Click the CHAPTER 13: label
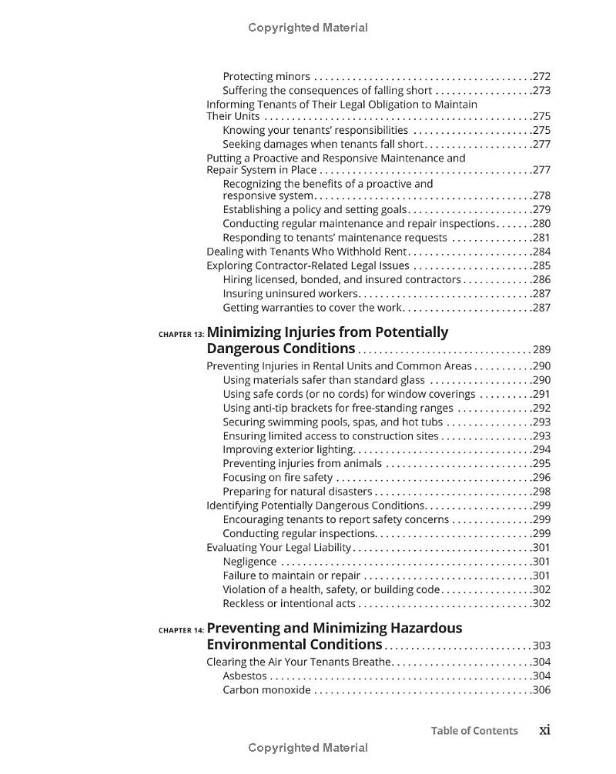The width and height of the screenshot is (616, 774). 181,335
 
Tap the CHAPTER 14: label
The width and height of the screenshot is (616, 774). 181,630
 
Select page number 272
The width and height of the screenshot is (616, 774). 541,77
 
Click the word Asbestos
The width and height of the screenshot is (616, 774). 245,676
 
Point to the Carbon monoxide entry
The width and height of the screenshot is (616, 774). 266,690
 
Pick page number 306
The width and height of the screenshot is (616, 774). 541,690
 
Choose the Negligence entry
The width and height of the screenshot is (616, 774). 249,562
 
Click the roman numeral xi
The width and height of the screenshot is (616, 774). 544,730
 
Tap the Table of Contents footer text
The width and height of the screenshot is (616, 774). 474,731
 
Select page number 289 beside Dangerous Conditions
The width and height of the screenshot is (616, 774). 541,350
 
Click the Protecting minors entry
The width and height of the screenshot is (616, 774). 266,77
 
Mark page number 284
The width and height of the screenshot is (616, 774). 541,252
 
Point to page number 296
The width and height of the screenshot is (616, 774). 541,478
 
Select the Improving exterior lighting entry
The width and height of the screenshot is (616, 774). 288,450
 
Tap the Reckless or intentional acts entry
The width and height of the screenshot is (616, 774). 289,604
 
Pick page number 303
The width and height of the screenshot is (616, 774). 541,646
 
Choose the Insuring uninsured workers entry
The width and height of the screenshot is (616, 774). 290,294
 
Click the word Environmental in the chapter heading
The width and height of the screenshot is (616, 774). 256,645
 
